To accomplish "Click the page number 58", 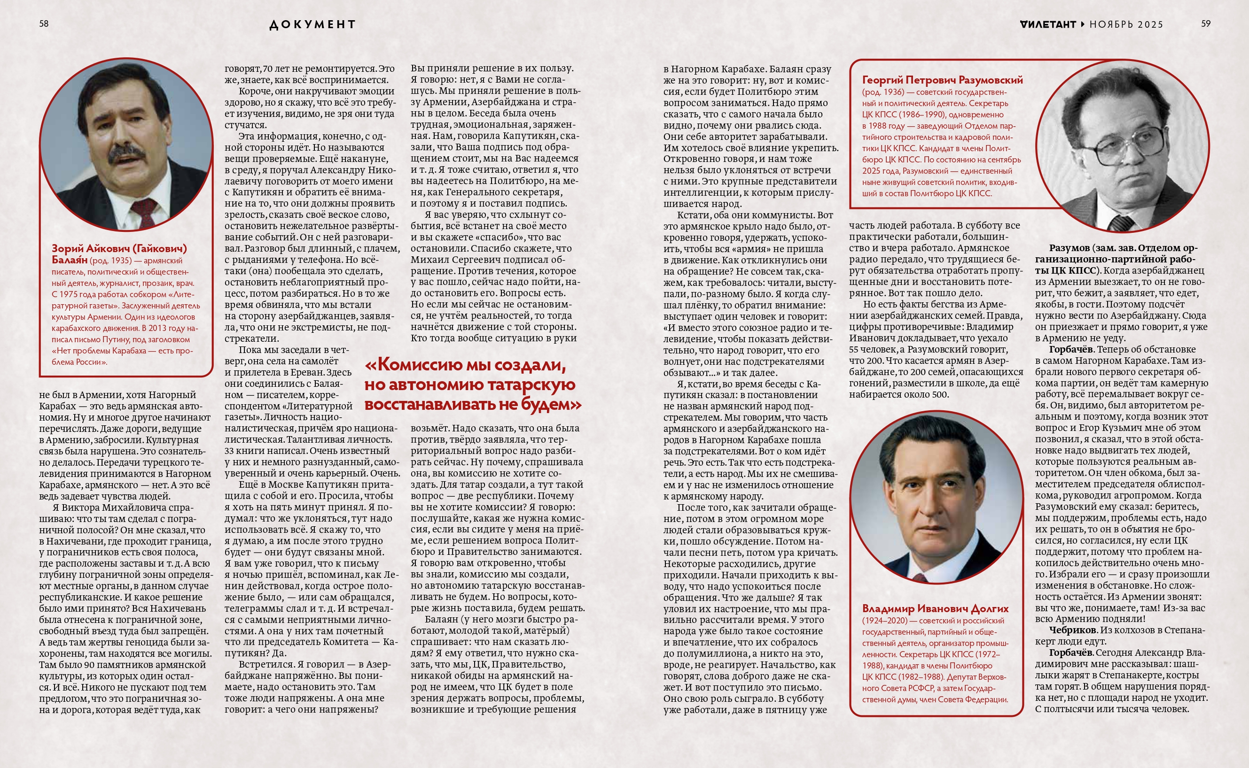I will point(44,23).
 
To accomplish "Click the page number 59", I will point(1206,23).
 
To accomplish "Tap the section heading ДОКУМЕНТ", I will point(312,24).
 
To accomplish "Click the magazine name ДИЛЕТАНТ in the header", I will point(1048,24).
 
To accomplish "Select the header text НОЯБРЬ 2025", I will point(1126,24).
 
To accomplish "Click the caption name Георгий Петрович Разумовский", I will point(942,80).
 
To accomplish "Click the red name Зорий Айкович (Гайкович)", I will point(119,248).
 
